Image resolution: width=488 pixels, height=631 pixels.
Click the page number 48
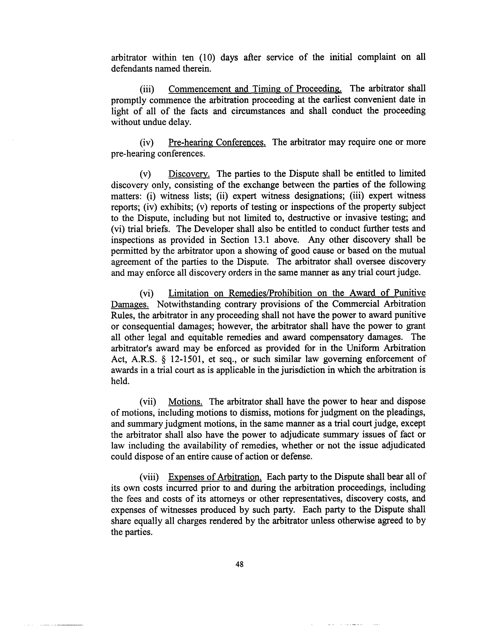(x=239, y=564)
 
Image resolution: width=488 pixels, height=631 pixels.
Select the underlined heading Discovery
(x=189, y=174)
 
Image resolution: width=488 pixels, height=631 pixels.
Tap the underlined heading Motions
(x=185, y=402)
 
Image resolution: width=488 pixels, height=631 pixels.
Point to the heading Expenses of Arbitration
(x=215, y=477)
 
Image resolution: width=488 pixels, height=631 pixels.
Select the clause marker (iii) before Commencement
(x=147, y=89)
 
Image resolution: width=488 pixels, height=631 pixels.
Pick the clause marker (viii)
(x=149, y=477)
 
